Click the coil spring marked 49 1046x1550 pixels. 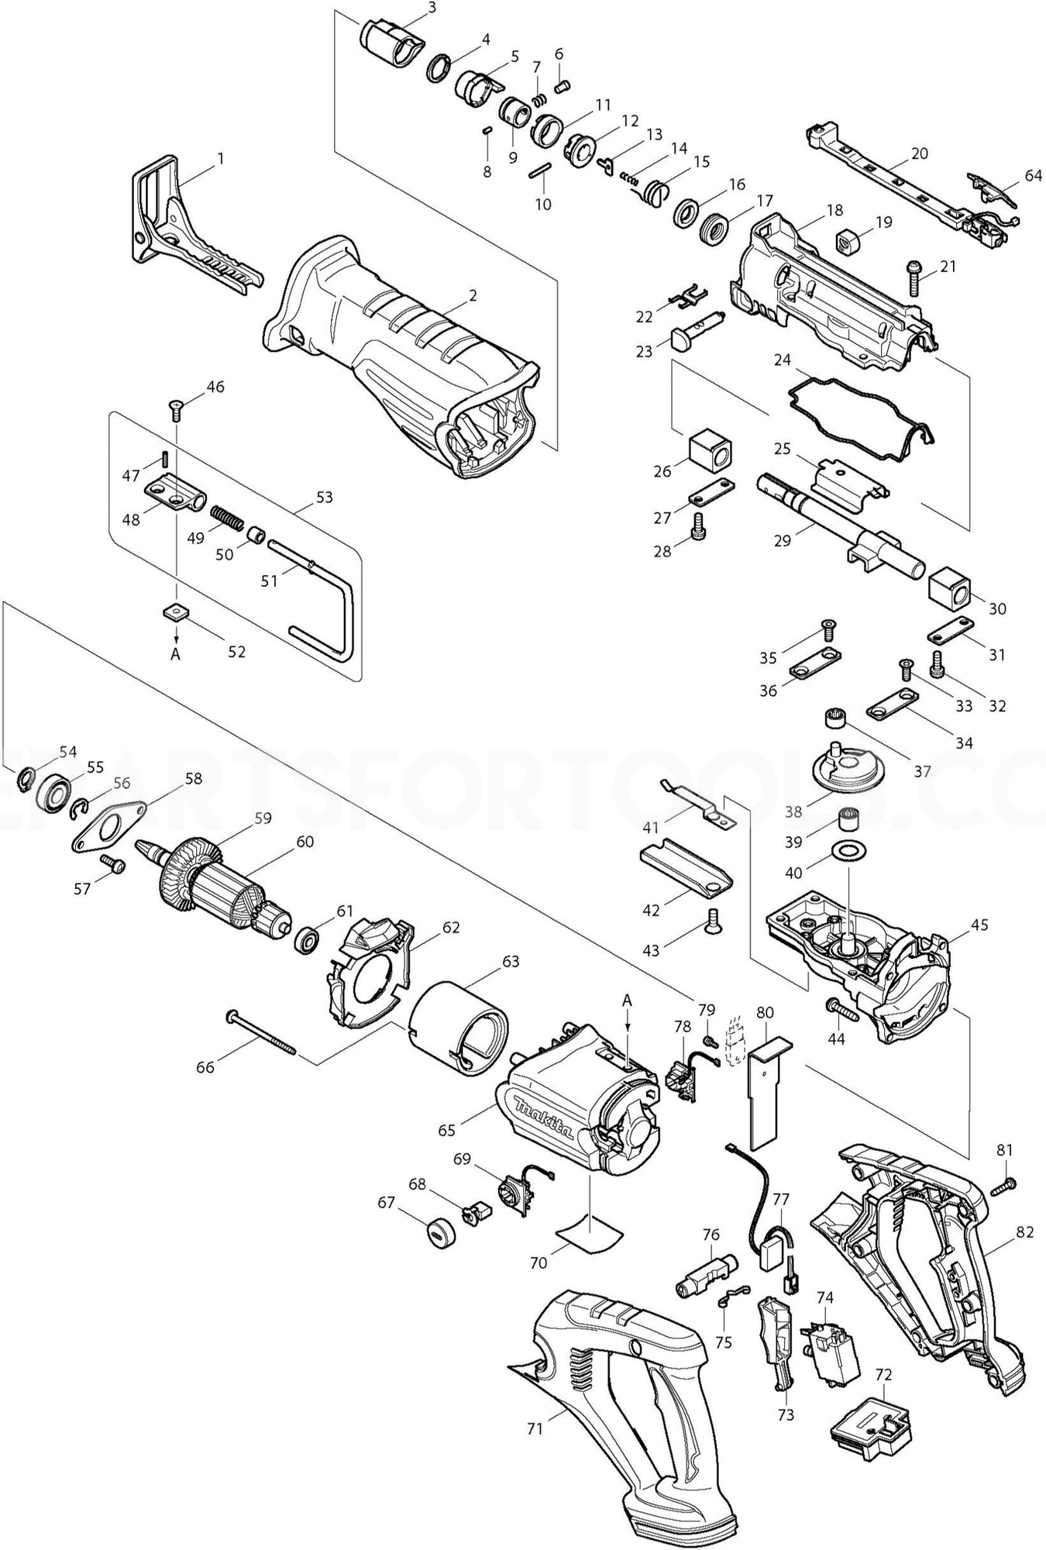[227, 515]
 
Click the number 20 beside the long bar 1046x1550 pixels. [919, 153]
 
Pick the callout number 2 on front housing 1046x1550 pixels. [472, 295]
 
